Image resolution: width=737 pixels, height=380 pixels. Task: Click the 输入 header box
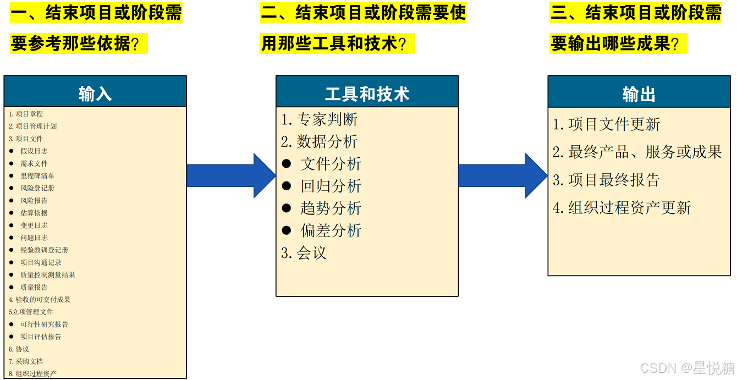click(x=95, y=92)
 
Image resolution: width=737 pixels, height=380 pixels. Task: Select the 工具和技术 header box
click(x=367, y=92)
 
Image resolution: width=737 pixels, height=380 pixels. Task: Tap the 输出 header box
click(x=639, y=92)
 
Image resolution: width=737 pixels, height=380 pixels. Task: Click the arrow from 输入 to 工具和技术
click(x=231, y=175)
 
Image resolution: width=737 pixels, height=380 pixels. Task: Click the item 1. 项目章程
click(x=26, y=114)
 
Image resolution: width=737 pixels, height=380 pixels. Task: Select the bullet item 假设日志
click(x=34, y=151)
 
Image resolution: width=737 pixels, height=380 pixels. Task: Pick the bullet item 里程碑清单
click(x=37, y=175)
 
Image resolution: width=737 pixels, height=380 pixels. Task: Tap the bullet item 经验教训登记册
click(x=44, y=250)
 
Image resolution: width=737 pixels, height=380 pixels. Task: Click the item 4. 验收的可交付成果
click(x=40, y=300)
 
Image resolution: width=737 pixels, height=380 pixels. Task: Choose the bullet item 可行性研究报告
click(x=44, y=324)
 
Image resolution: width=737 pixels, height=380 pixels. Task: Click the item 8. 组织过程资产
click(x=32, y=373)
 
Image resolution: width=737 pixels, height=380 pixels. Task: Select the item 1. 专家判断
click(x=320, y=119)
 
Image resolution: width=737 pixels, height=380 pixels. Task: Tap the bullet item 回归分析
click(x=331, y=186)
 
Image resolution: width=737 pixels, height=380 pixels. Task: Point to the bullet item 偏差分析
click(x=331, y=230)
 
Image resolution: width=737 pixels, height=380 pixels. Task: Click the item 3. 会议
click(x=304, y=253)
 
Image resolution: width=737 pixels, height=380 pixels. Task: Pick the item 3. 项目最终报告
click(x=606, y=180)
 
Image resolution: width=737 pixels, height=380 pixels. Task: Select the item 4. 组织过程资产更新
click(x=621, y=208)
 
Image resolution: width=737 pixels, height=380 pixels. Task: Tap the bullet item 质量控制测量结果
click(x=47, y=275)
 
